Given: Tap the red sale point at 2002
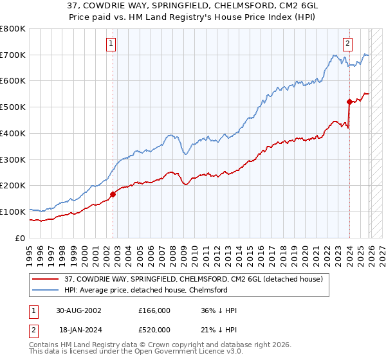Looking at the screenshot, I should click(113, 194).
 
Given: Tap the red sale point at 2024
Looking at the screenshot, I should click(349, 101).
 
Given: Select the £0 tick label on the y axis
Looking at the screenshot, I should click(20, 238).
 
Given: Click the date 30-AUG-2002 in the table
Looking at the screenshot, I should click(78, 310).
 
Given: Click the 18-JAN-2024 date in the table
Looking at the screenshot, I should click(78, 329).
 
